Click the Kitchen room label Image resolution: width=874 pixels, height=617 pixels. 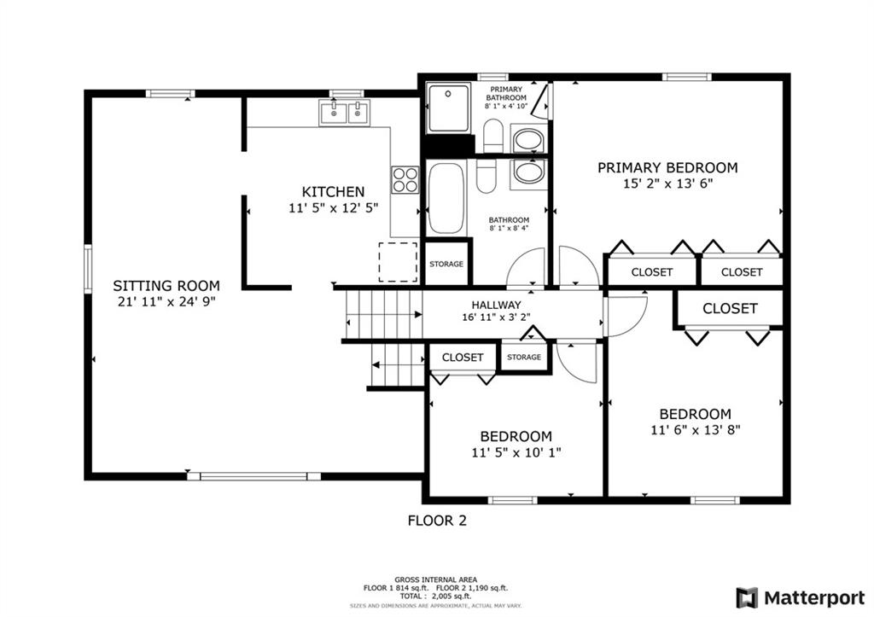point(334,192)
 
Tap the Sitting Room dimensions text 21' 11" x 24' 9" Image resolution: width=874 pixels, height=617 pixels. point(166,302)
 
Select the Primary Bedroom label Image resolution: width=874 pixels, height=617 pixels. point(667,168)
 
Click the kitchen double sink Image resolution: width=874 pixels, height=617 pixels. point(345,114)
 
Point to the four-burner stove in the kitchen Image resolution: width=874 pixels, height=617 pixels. point(405,180)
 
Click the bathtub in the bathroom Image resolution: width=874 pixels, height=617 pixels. point(446,199)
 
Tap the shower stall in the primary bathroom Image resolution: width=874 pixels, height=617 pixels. point(449,108)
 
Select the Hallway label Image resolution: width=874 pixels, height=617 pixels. point(496,305)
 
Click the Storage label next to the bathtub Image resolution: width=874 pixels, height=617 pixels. point(446,264)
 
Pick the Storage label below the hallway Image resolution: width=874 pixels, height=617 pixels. point(524,357)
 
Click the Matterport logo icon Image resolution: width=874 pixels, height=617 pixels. point(747,598)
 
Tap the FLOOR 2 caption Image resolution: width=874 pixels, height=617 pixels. point(437,521)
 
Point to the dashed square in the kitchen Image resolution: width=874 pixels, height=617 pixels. point(398,262)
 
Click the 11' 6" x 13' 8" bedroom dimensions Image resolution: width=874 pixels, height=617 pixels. point(695,430)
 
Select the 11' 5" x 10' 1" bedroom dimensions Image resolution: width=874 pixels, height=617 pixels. point(516,452)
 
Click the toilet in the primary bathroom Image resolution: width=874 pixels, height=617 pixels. point(492,136)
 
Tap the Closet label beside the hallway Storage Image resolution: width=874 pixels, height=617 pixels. point(463,358)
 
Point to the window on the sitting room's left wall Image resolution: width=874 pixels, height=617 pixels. point(88,269)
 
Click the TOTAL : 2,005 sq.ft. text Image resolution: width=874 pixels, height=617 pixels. point(435,596)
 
